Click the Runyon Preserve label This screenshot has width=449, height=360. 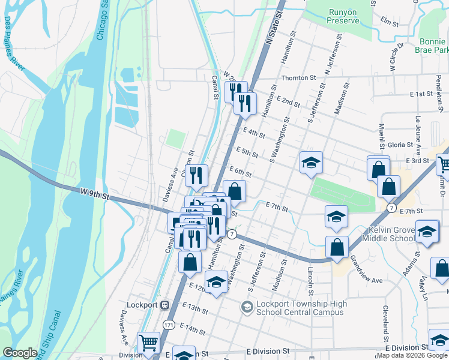tap(343, 16)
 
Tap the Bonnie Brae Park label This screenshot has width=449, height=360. tap(432, 46)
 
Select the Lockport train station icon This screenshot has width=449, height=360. tap(164, 305)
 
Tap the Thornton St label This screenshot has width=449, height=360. tap(298, 78)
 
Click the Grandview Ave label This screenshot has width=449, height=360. tap(366, 269)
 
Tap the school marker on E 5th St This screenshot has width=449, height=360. tap(311, 163)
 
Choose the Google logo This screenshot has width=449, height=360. tap(20, 353)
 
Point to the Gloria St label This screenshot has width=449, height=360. tap(400, 145)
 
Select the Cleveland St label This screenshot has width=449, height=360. tap(386, 321)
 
